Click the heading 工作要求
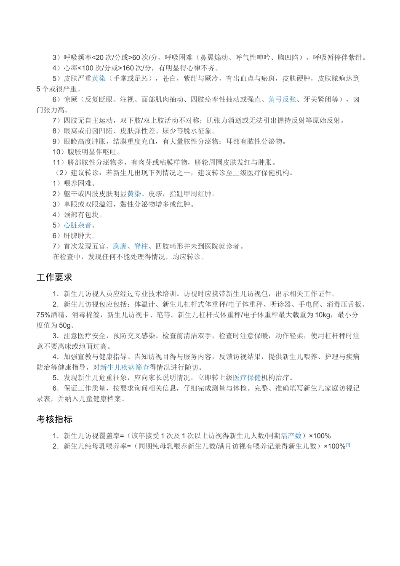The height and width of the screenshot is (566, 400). (54, 278)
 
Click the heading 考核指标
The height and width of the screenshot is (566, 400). (54, 419)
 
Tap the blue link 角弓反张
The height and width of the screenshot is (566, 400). (282, 99)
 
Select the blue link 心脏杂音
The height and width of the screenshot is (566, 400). (77, 225)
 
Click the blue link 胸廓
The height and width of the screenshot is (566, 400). (120, 246)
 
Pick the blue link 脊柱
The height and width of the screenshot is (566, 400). (141, 246)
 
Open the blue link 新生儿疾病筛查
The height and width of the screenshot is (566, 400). (125, 367)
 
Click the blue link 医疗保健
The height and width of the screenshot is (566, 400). (247, 378)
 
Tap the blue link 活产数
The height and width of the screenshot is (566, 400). (291, 436)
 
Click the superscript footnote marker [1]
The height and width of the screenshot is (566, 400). (348, 445)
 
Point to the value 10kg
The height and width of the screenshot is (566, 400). (323, 315)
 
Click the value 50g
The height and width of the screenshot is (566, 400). (66, 326)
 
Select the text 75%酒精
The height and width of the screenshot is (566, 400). (50, 315)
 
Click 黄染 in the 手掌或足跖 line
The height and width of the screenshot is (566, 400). (99, 78)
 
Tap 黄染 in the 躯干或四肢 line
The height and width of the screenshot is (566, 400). (134, 194)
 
